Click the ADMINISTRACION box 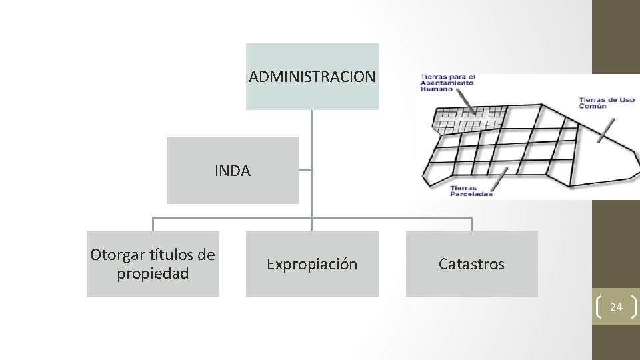point(312,77)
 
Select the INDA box point(233,171)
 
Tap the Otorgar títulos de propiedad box point(153,264)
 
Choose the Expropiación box point(312,264)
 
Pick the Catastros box point(471,264)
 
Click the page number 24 point(616,307)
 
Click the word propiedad point(153,273)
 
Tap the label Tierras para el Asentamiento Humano point(446,83)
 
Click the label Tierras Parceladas point(471,191)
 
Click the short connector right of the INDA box point(305,171)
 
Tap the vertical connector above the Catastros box point(471,224)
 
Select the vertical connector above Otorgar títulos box point(153,224)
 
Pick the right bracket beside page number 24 point(634,307)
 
